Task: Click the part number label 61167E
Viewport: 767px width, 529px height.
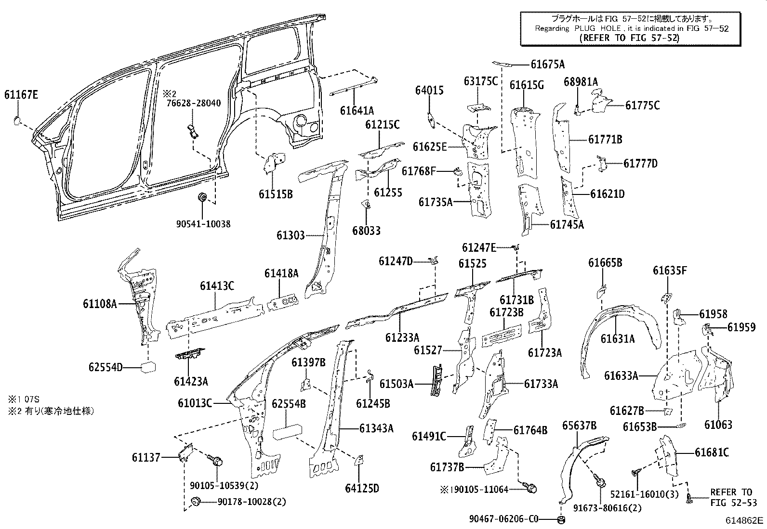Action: [21, 95]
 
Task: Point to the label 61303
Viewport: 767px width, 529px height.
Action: [291, 235]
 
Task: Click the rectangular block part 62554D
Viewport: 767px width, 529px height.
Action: [147, 368]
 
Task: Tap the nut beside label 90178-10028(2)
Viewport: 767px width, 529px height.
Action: [196, 501]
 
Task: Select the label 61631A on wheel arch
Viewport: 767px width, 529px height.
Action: [617, 339]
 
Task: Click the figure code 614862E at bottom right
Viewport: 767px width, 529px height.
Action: [745, 520]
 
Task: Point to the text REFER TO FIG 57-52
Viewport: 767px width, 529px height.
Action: [630, 38]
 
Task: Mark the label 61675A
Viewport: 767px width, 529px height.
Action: [548, 65]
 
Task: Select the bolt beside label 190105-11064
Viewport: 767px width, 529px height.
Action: [531, 489]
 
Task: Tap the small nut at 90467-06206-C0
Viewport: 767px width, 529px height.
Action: [561, 519]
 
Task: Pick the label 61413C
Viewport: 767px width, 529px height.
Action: [217, 286]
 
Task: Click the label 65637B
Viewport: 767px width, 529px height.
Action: [580, 425]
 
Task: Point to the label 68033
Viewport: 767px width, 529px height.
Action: [366, 231]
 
